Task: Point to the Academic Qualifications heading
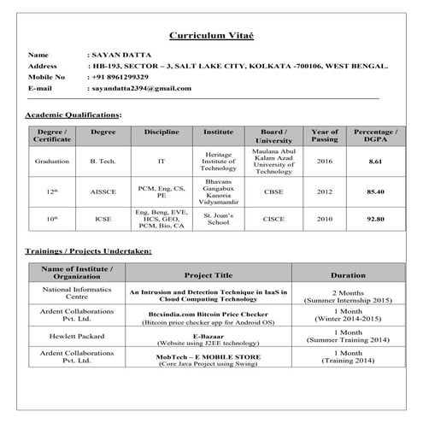tap(73, 115)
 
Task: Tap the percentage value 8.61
tap(374, 162)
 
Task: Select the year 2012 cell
tap(325, 191)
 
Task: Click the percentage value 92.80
tap(374, 220)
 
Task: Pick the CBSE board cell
tap(273, 191)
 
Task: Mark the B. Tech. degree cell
tap(103, 162)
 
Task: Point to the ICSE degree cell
tap(103, 220)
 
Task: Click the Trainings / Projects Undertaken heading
tap(89, 251)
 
